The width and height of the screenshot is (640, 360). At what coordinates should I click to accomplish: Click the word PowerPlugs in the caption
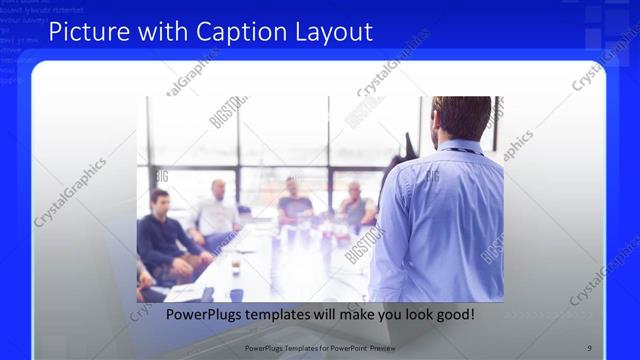point(206,315)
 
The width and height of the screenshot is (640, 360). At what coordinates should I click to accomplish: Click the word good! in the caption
point(454,315)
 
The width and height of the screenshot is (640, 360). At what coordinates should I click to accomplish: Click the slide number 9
point(589,348)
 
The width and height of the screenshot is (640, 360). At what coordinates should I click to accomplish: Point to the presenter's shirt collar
point(462,149)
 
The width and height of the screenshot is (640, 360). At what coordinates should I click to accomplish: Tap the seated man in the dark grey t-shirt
point(295,200)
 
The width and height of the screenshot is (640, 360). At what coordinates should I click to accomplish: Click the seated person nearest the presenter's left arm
point(356,205)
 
